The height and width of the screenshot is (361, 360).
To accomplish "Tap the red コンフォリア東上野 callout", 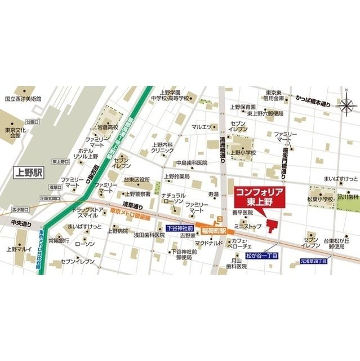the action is [x=259, y=197].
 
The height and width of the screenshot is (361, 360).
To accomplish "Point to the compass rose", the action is [x=345, y=104].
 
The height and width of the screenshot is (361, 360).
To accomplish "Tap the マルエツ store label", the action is [x=201, y=127].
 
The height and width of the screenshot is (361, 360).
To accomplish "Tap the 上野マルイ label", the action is [x=20, y=249].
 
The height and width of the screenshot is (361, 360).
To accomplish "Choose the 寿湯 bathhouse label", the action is [x=212, y=194].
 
